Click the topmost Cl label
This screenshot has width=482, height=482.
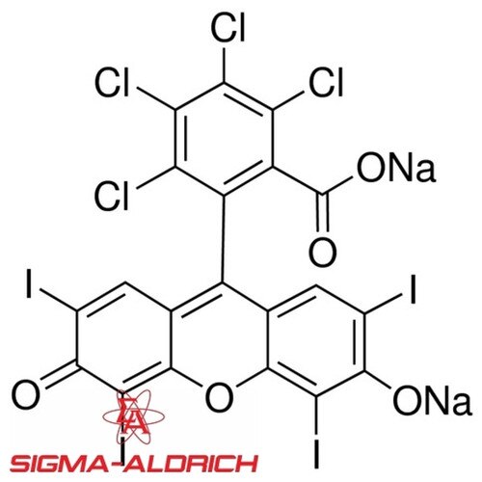(228, 28)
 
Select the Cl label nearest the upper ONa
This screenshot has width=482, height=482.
(326, 82)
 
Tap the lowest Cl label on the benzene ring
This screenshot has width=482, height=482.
(112, 196)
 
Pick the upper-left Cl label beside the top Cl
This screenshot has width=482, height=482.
(112, 82)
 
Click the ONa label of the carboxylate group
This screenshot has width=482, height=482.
(396, 167)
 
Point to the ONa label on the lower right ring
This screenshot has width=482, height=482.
(432, 400)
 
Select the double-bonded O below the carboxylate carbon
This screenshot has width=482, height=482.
(323, 252)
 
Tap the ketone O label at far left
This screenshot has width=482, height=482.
(26, 394)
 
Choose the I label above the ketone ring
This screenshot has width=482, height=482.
(29, 283)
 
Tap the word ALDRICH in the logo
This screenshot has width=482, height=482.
(191, 464)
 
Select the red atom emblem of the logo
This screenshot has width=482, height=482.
(133, 416)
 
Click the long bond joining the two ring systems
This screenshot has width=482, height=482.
(223, 239)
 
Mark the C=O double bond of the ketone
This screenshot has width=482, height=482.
(61, 375)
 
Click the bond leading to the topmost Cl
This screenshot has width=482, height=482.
(224, 64)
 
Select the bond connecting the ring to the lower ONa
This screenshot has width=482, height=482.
(378, 380)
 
